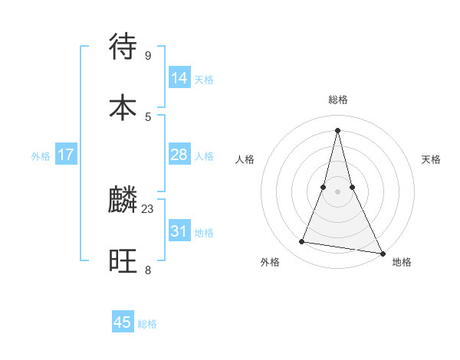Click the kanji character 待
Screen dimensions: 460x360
[123, 47]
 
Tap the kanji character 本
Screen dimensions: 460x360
[123, 107]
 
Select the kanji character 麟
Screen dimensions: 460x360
[123, 199]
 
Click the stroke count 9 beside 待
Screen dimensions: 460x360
[147, 55]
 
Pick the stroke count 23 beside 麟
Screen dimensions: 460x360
[148, 208]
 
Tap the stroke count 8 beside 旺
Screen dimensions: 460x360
[147, 270]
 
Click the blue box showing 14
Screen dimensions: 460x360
[179, 77]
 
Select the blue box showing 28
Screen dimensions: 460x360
[179, 155]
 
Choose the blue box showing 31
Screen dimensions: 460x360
[179, 231]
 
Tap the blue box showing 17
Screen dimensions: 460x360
[66, 155]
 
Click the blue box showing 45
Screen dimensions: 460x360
[123, 322]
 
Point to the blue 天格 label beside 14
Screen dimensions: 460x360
[204, 79]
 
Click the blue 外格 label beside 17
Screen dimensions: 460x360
[41, 156]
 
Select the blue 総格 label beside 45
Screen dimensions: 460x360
[147, 324]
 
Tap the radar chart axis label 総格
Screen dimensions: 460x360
[337, 100]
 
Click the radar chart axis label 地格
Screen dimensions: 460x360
[402, 263]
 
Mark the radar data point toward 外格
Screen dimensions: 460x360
[302, 242]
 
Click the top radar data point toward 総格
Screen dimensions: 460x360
[337, 129]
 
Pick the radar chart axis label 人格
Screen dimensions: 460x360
[245, 159]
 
